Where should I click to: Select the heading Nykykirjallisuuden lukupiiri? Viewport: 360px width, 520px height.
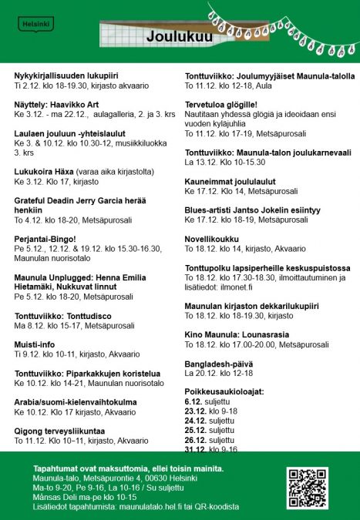pyautogui.click(x=66, y=75)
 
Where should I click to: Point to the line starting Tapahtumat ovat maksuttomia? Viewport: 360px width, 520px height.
pyautogui.click(x=129, y=469)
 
